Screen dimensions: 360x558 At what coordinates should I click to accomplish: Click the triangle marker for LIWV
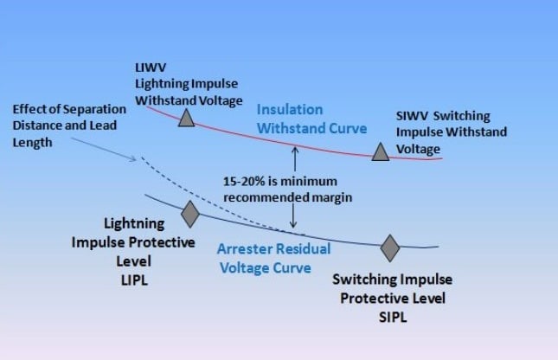186,119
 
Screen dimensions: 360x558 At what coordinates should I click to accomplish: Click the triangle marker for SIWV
380,152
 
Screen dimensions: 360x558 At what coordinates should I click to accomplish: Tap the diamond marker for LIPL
189,213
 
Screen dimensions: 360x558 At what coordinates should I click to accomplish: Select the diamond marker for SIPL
390,247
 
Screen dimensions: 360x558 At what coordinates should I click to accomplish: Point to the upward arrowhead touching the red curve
294,150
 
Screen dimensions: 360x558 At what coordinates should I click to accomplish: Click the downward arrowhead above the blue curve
294,226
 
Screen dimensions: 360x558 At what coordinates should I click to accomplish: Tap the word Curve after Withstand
344,128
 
